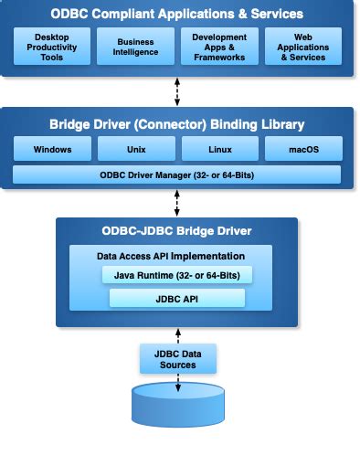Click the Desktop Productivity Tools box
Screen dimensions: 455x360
coord(51,46)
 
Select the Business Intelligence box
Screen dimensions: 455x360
coord(134,46)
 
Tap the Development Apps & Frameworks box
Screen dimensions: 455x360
coord(219,46)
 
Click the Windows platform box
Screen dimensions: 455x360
coord(51,148)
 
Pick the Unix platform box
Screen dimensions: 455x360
coord(134,148)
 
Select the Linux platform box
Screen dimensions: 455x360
coord(219,148)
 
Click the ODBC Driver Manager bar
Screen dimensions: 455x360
coord(177,175)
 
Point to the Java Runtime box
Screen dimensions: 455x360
coord(177,275)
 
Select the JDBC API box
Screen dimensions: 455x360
coord(177,298)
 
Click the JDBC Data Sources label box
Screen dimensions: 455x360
coord(177,358)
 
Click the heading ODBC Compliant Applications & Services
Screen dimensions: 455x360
coord(177,15)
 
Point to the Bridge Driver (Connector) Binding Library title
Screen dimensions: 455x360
coord(177,123)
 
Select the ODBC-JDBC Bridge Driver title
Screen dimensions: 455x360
coord(177,230)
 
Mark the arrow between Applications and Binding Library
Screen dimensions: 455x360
coord(177,91)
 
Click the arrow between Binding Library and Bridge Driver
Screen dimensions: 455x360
coord(177,202)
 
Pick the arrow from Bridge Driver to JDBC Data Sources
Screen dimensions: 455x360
coord(177,335)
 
